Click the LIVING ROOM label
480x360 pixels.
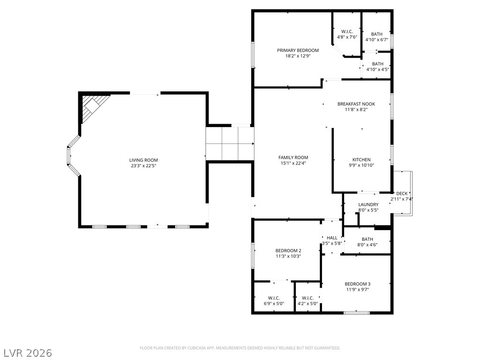click(x=143, y=160)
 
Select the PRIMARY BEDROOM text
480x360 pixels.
click(x=298, y=50)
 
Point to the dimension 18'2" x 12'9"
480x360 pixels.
click(x=298, y=56)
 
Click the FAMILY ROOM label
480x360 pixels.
click(x=293, y=157)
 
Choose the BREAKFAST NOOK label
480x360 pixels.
click(x=362, y=104)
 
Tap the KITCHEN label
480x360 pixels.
click(x=361, y=160)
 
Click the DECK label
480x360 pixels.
click(x=402, y=194)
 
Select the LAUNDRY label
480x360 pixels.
click(x=368, y=204)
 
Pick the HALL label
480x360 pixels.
click(x=332, y=238)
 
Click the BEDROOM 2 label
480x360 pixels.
click(x=288, y=250)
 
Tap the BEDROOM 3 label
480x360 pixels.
click(x=357, y=284)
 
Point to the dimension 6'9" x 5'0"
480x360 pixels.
click(x=274, y=303)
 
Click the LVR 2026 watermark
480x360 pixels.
click(x=28, y=352)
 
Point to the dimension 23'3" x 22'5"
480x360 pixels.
click(x=143, y=165)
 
